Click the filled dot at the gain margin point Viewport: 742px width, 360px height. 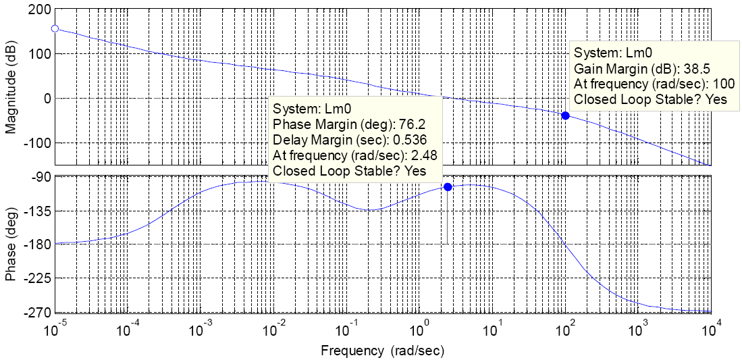click(565, 115)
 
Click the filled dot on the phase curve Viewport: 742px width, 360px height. click(447, 187)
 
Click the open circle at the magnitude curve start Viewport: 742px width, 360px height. click(55, 28)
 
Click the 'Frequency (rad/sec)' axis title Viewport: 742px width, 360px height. click(383, 351)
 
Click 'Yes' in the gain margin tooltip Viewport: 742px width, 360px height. click(716, 100)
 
